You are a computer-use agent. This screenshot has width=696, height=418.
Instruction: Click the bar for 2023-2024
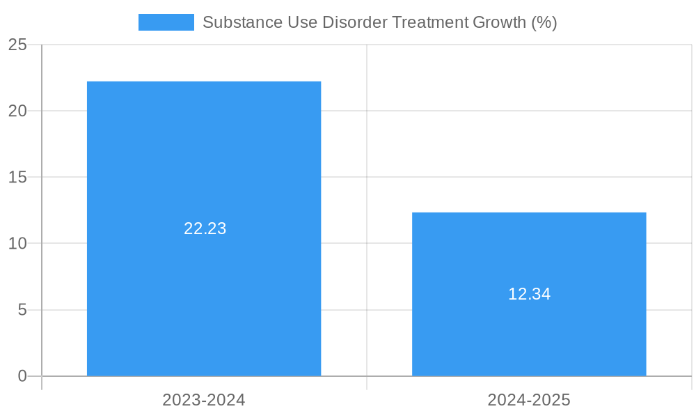(204, 153)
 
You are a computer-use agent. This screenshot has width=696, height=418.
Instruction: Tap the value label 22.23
(205, 229)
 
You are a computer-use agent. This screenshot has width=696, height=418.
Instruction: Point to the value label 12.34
(529, 294)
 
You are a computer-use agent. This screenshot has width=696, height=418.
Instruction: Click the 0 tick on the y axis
(22, 376)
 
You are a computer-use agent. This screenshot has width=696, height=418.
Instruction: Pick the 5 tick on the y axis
(22, 310)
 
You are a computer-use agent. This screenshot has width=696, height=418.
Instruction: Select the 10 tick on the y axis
(17, 244)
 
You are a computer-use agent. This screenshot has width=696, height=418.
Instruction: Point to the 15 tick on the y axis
(17, 178)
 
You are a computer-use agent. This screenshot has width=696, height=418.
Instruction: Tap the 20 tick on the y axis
(17, 111)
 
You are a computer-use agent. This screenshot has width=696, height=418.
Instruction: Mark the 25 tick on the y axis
(17, 45)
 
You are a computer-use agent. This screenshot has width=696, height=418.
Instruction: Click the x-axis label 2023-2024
(204, 400)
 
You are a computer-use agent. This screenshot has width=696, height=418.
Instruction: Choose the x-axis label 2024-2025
(529, 400)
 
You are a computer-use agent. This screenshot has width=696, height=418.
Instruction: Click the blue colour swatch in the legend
(166, 22)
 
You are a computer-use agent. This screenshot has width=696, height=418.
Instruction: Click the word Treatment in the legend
(430, 22)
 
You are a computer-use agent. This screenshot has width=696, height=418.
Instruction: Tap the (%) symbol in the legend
(544, 22)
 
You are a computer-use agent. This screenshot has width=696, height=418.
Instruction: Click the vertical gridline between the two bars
(367, 139)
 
